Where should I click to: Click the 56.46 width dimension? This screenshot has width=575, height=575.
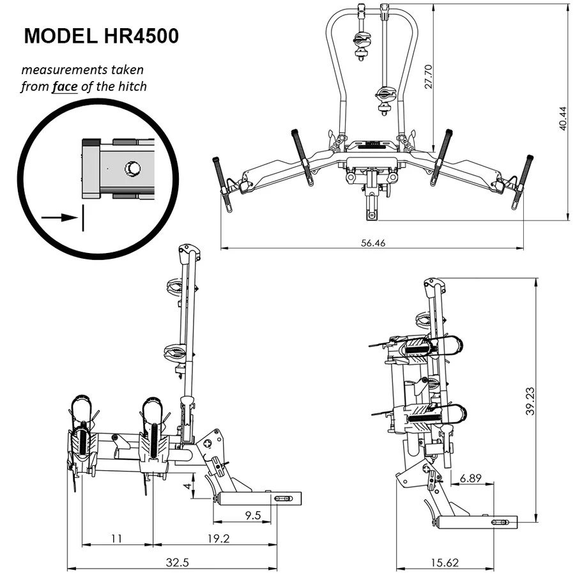(x=372, y=243)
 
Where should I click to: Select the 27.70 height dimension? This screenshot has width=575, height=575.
(x=429, y=75)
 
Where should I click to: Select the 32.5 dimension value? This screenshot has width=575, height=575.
(x=172, y=563)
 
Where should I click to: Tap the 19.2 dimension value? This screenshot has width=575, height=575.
(x=217, y=539)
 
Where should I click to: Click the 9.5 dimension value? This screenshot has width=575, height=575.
(x=252, y=516)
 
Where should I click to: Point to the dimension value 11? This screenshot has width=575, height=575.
(x=116, y=539)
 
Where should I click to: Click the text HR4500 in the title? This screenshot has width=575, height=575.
(x=140, y=36)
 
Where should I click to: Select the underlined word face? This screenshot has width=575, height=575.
(x=65, y=86)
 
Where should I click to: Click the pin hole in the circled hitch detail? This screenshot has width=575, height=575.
(x=132, y=168)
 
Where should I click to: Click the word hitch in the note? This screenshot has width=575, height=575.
(x=132, y=86)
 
